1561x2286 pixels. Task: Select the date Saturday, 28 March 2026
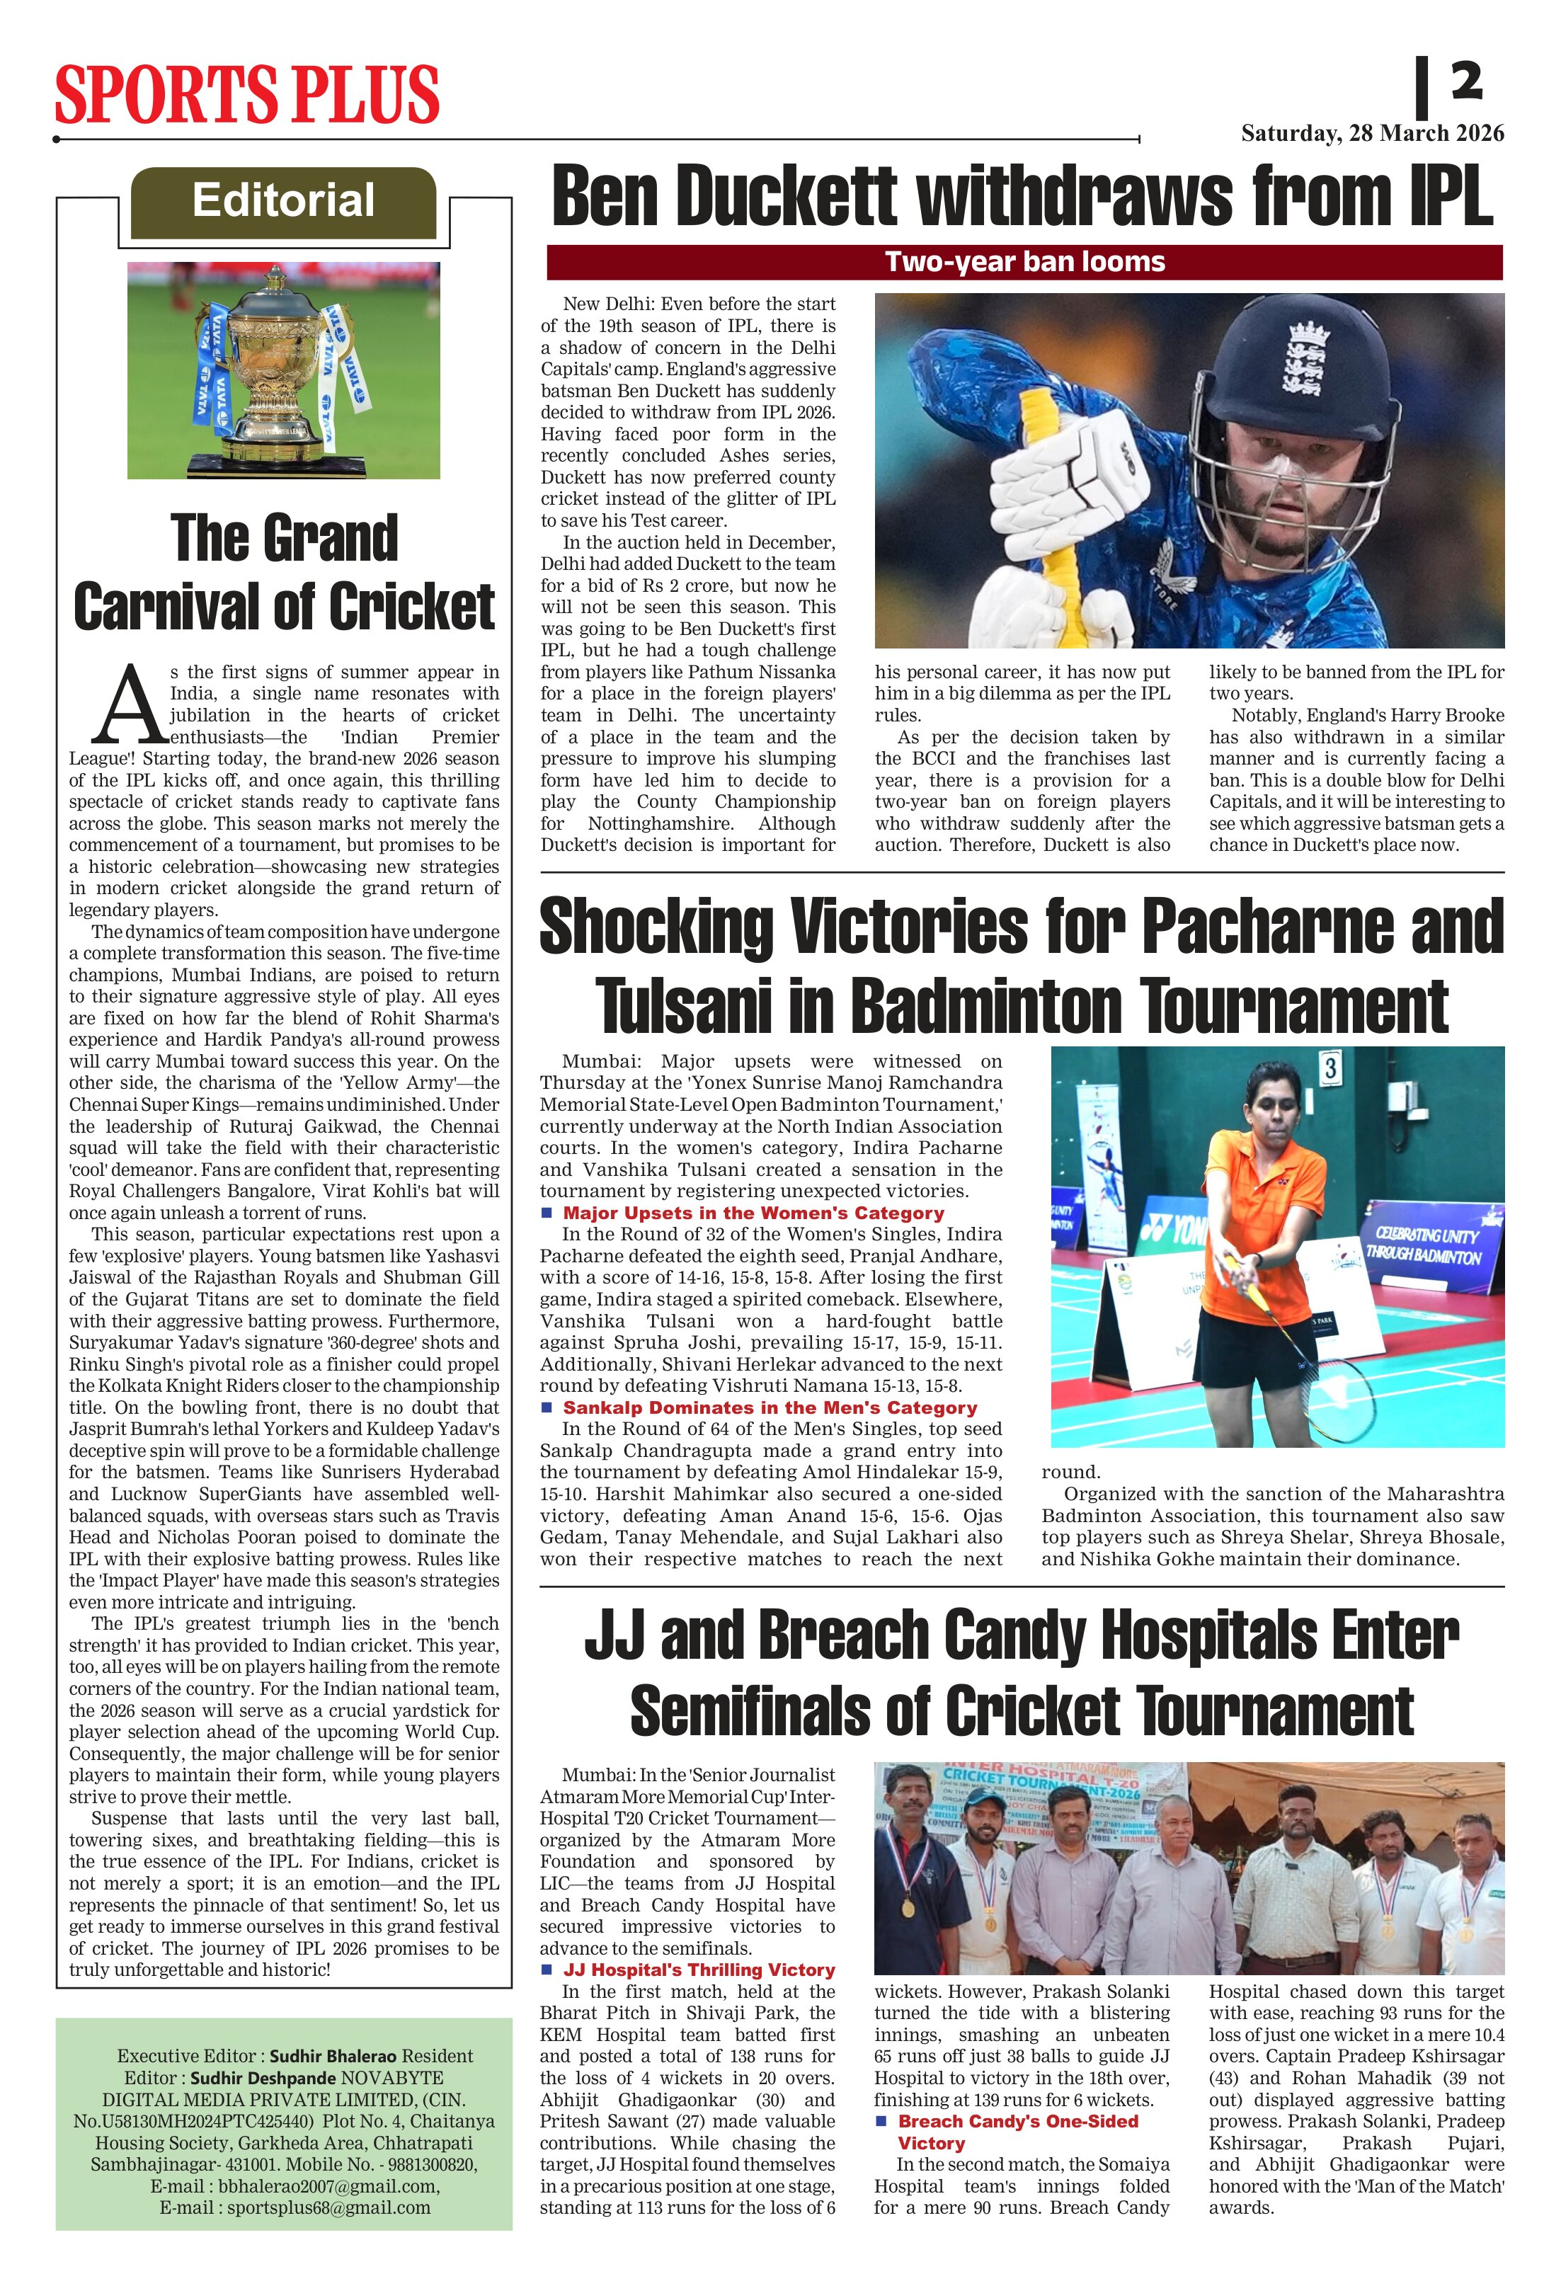(x=1372, y=134)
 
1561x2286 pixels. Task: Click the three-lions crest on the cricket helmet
(x=1306, y=359)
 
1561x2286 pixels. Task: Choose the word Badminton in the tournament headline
(x=988, y=1006)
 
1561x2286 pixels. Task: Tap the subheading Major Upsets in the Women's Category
(x=753, y=1213)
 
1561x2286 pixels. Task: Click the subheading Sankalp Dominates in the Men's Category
(x=770, y=1407)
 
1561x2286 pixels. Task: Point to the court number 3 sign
(x=1330, y=1069)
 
